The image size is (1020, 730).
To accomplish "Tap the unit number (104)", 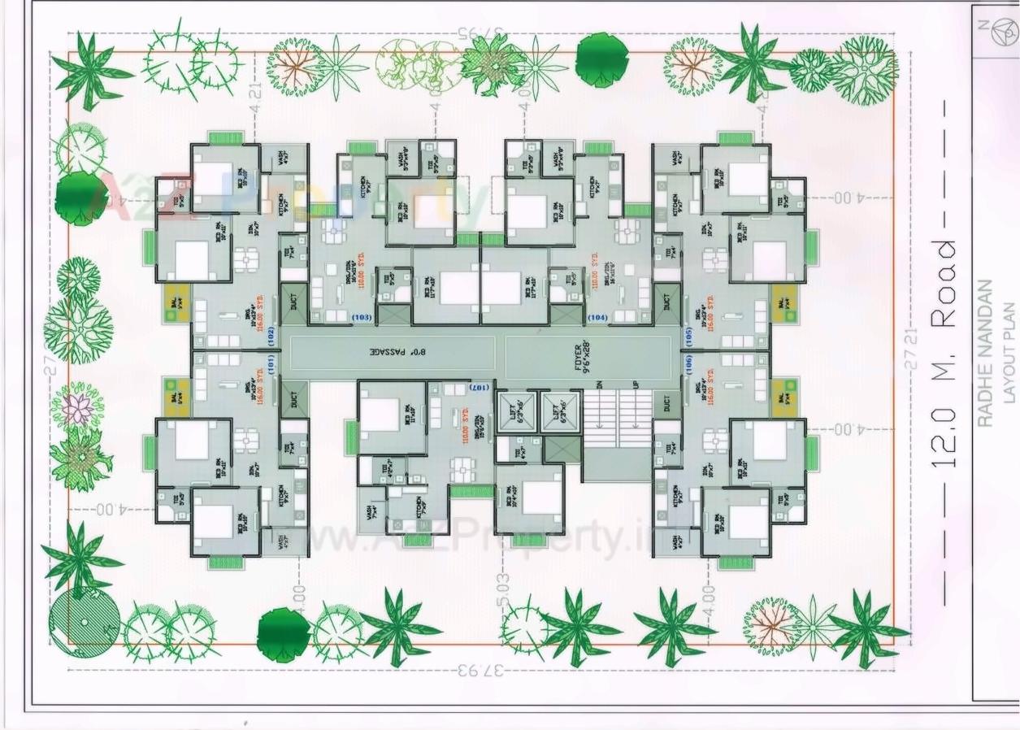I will pos(597,317).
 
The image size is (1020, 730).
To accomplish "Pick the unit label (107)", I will pos(481,387).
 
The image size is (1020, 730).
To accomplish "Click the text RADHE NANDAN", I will pos(984,353).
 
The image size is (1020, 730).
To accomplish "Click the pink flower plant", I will pos(77,408).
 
